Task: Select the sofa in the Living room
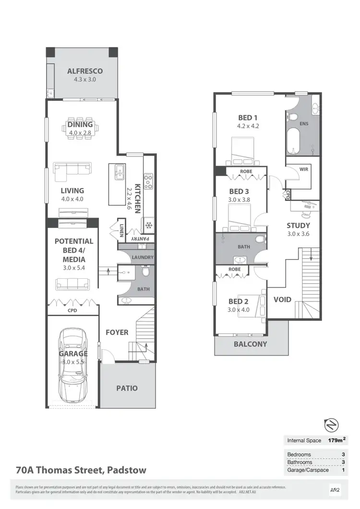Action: pyautogui.click(x=72, y=171)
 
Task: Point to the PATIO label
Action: pyautogui.click(x=127, y=388)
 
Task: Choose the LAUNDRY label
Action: pyautogui.click(x=142, y=258)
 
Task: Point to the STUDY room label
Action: pyautogui.click(x=298, y=225)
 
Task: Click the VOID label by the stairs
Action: pyautogui.click(x=282, y=300)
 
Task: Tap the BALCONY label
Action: pyautogui.click(x=250, y=344)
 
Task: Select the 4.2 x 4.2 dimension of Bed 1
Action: pyautogui.click(x=248, y=127)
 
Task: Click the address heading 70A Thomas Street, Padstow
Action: pyautogui.click(x=81, y=470)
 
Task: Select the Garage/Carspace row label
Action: pyautogui.click(x=308, y=470)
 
